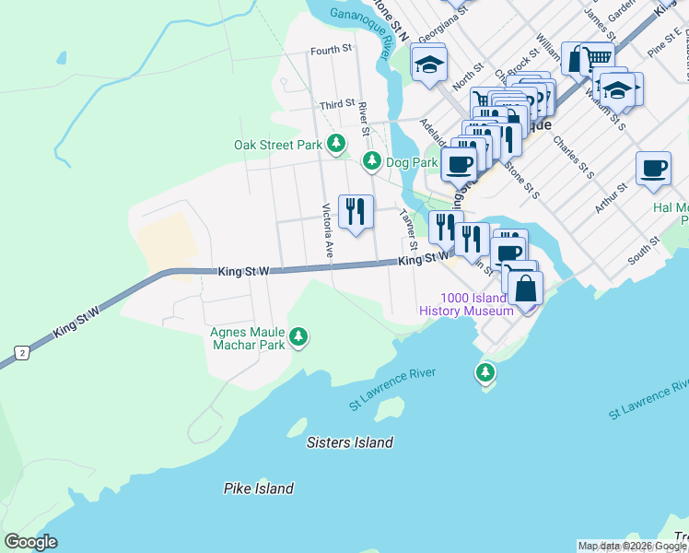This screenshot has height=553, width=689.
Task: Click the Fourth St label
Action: (x=332, y=51)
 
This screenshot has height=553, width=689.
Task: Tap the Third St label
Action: (x=337, y=105)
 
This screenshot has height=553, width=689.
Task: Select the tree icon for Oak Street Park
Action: (x=337, y=144)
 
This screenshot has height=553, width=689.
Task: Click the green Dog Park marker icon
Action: (x=371, y=161)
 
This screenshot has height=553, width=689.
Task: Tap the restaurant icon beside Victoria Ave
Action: (x=355, y=211)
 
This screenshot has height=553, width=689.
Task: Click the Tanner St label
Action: (x=407, y=229)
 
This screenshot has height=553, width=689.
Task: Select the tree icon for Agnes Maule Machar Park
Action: (x=298, y=337)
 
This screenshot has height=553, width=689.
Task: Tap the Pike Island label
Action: (x=259, y=488)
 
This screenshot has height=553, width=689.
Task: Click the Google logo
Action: (x=30, y=542)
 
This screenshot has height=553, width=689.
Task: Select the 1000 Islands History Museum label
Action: (x=465, y=304)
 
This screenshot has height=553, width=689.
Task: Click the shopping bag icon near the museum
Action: (x=524, y=288)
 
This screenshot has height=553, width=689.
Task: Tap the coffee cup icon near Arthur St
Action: (x=653, y=168)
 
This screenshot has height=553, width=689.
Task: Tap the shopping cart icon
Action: (x=597, y=57)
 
